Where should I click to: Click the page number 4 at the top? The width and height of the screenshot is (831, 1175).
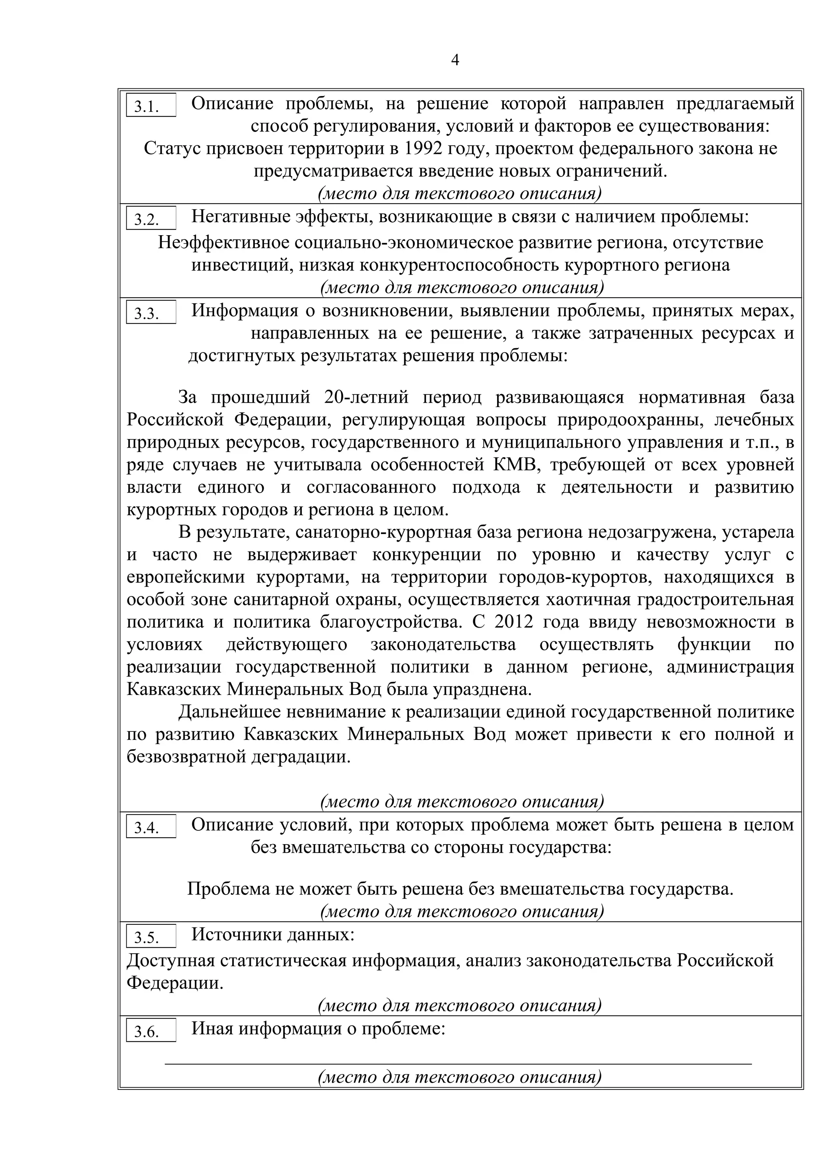(x=455, y=61)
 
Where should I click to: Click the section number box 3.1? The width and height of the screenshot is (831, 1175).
(x=151, y=105)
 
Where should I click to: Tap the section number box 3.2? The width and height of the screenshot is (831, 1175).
(x=151, y=219)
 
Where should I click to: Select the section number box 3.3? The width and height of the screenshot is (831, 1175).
(x=151, y=313)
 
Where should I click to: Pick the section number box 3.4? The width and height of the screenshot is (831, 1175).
(x=151, y=827)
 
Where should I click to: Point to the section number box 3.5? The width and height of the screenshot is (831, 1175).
(x=151, y=937)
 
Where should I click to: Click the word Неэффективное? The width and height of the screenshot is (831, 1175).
(x=223, y=242)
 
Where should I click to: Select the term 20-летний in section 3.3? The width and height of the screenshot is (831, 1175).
(x=366, y=397)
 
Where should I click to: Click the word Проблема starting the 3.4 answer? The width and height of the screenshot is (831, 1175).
(x=228, y=889)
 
